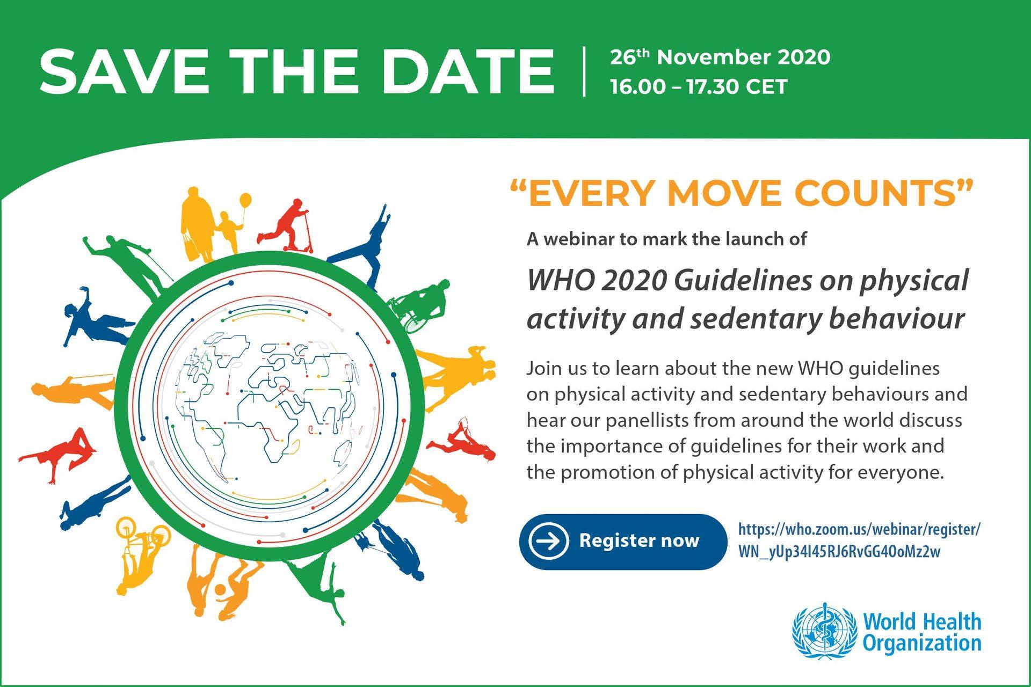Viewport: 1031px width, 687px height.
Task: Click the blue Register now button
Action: [623, 541]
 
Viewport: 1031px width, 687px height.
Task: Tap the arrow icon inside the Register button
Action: [548, 541]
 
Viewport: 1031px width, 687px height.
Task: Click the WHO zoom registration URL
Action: [859, 540]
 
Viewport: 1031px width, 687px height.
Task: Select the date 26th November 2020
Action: [720, 57]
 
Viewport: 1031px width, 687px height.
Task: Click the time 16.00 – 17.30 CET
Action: [699, 86]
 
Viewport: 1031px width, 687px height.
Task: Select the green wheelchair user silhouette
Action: [422, 304]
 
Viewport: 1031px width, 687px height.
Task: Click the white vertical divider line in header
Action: [584, 71]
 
